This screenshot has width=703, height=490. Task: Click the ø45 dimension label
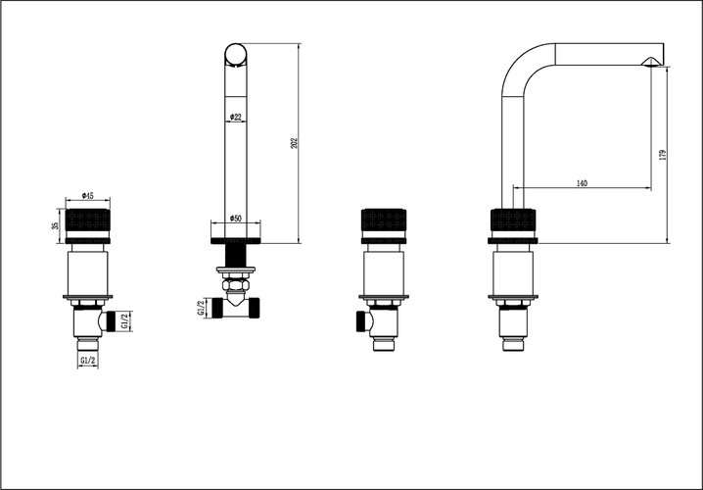(x=87, y=196)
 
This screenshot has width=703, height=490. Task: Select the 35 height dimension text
(x=56, y=225)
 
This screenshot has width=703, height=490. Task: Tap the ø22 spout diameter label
(x=235, y=117)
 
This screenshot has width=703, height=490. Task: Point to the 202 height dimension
(x=294, y=143)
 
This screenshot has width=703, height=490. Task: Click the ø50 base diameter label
(x=235, y=219)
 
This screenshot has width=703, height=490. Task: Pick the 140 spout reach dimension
(x=582, y=183)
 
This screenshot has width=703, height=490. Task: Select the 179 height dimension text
(x=663, y=155)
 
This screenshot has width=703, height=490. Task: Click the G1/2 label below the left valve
(x=88, y=361)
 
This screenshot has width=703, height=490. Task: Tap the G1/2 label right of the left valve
(x=125, y=320)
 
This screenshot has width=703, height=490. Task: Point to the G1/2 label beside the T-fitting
(x=201, y=308)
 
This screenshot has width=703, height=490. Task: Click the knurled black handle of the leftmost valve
(x=88, y=220)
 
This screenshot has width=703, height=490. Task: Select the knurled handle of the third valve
(x=384, y=220)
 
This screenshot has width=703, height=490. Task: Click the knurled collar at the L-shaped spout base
(x=513, y=220)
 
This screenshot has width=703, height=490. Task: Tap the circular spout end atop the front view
(x=235, y=55)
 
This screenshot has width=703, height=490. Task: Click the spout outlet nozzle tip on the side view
(x=649, y=62)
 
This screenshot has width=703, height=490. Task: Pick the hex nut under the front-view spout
(x=235, y=284)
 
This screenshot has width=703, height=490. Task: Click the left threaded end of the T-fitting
(x=217, y=308)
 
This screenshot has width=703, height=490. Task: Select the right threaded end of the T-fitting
(x=255, y=308)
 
